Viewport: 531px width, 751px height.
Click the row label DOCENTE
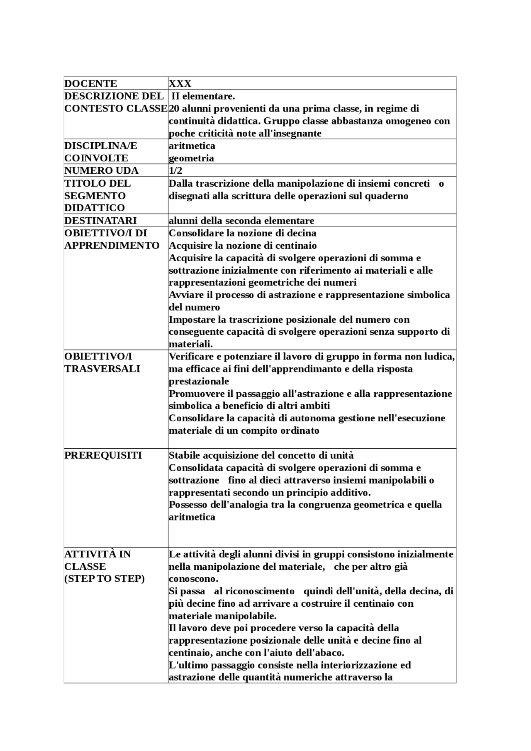click(x=90, y=83)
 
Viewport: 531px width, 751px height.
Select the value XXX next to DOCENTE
click(x=180, y=83)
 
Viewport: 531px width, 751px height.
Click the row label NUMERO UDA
click(x=101, y=170)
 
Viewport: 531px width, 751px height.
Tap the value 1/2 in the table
click(x=175, y=170)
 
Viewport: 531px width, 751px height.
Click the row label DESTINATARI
click(x=100, y=220)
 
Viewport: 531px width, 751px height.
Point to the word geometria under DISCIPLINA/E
click(x=191, y=158)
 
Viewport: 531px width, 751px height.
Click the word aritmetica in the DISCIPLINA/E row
click(x=192, y=146)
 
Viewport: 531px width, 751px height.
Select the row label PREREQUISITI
click(x=103, y=455)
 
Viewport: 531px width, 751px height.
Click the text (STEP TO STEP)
click(x=104, y=578)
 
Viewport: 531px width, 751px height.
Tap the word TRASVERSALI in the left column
click(x=102, y=369)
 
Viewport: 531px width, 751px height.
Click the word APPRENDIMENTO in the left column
click(x=112, y=245)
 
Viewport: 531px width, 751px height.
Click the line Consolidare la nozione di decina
click(x=242, y=233)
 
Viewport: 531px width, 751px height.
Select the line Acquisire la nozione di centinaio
click(x=242, y=245)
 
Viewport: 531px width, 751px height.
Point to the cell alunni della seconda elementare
click(x=241, y=220)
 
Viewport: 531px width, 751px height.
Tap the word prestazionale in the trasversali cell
click(x=199, y=381)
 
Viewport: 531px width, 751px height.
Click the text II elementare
click(x=203, y=96)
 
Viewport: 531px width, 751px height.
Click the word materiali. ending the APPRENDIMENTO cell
click(x=190, y=344)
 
